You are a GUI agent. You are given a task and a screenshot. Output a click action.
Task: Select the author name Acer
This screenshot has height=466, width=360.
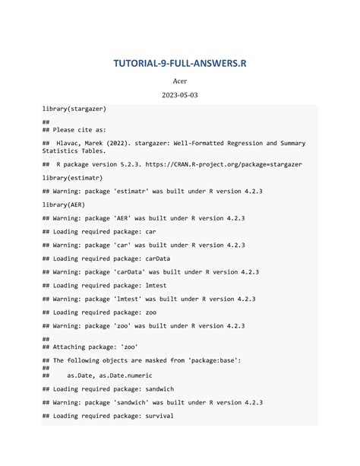click(x=180, y=81)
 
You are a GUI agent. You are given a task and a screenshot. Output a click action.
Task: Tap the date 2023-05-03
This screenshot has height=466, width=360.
click(x=180, y=97)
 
